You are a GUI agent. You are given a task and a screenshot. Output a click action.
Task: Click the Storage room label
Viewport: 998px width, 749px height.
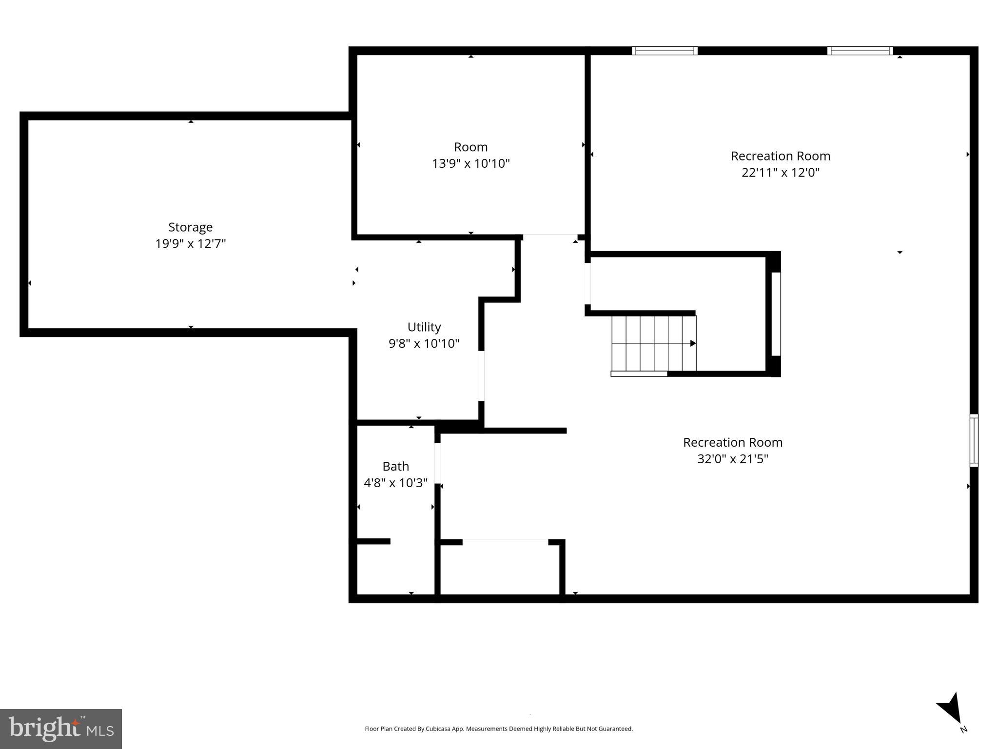coord(190,227)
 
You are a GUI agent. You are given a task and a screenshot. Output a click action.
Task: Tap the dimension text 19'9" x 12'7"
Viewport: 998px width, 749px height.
coord(190,244)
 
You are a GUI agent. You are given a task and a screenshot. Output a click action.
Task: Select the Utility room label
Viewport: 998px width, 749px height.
coord(424,327)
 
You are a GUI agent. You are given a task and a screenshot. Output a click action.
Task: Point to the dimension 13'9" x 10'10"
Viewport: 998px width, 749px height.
coord(470,163)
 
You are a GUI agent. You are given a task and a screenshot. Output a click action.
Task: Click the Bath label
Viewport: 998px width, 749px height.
coord(395,467)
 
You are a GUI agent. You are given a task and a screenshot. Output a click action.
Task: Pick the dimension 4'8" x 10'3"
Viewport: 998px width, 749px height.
coord(395,483)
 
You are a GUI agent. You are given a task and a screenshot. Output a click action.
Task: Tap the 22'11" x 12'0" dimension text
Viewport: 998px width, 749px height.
coord(780,173)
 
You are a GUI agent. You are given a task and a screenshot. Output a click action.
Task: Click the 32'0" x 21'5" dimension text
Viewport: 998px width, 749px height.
coord(732,459)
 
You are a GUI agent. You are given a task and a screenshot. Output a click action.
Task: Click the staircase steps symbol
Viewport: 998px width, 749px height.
coord(653,343)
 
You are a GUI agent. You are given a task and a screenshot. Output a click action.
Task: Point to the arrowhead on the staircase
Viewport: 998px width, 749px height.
coord(693,343)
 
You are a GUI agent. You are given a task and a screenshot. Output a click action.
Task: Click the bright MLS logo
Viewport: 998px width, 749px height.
coord(61,729)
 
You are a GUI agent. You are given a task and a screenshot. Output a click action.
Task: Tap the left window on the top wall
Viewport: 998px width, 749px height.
coord(665,51)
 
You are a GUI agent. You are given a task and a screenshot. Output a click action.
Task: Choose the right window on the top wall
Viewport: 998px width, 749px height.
coord(860,51)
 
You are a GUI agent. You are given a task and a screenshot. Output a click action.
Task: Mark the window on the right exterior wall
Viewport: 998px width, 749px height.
coord(974,440)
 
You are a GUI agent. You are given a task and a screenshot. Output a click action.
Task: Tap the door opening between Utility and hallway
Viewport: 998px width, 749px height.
coord(481,375)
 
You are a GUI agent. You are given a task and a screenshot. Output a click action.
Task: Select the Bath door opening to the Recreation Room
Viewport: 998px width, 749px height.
coord(437,463)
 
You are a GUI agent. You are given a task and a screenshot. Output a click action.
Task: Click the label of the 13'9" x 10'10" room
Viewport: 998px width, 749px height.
coord(470,147)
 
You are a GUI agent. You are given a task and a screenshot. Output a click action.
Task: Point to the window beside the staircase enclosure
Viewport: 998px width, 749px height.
coord(776,314)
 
